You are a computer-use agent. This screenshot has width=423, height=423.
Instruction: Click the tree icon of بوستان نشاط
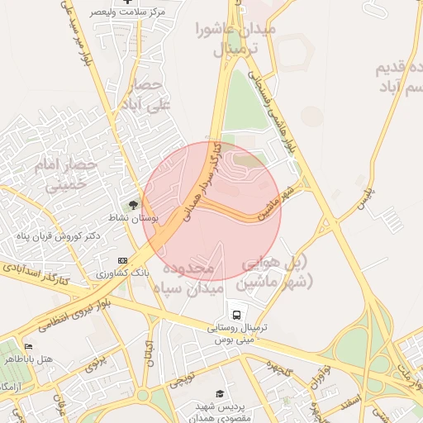tap(134, 205)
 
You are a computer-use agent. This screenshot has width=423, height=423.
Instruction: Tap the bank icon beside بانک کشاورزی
tap(122, 260)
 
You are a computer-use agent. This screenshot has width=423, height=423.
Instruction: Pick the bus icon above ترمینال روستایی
tap(237, 315)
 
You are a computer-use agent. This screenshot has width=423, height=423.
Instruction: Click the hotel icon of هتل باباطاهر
tap(29, 347)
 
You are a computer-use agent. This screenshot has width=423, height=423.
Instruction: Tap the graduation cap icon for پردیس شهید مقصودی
tap(219, 394)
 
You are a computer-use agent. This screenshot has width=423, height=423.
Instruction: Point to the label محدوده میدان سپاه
tap(188, 279)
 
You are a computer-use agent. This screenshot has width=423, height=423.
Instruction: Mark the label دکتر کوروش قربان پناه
tap(58, 236)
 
